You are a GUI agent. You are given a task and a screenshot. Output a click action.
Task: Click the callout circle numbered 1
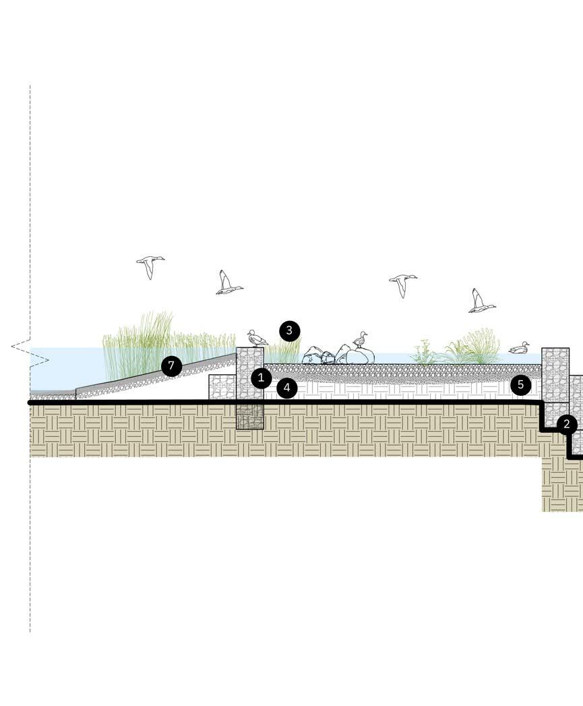[262, 378]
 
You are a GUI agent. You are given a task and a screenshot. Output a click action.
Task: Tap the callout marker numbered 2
[567, 424]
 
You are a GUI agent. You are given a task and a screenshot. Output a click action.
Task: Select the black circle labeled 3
[289, 330]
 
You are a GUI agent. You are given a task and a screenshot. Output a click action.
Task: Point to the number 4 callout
[286, 388]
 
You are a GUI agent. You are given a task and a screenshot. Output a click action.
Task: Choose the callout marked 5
[520, 385]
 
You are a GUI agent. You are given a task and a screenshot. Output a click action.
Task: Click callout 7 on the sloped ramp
[172, 367]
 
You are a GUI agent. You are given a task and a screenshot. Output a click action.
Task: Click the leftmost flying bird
[150, 265]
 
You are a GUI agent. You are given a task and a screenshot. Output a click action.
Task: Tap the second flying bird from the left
[227, 283]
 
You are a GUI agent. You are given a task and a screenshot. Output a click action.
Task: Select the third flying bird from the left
[402, 283]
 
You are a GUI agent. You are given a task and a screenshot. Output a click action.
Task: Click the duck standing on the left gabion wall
[256, 338]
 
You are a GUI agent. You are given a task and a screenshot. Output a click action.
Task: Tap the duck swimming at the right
[519, 348]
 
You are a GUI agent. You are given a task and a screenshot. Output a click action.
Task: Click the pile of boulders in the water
[338, 355]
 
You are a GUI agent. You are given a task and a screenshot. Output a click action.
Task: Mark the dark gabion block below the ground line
[249, 416]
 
